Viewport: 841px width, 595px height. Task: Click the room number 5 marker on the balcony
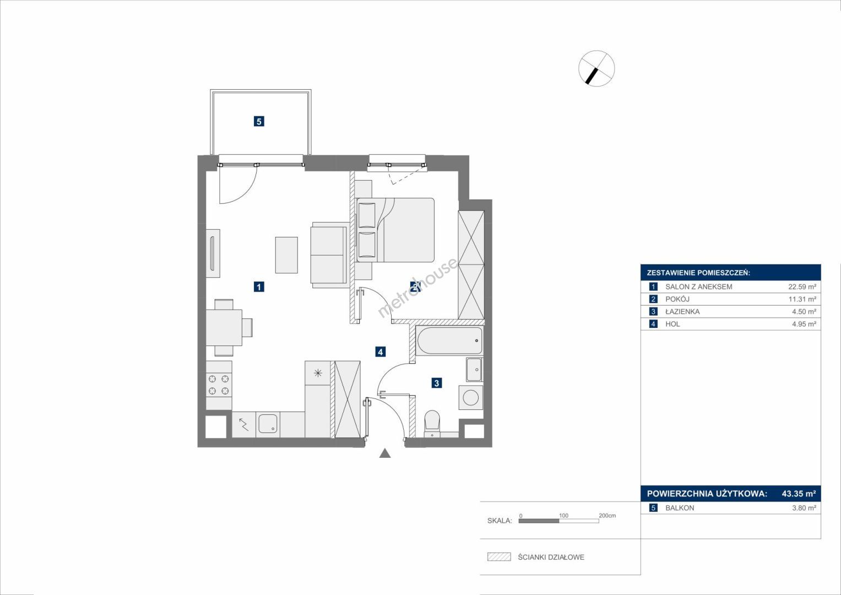[259, 121]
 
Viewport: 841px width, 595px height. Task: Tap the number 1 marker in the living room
[259, 286]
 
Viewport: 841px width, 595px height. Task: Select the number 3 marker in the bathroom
[436, 383]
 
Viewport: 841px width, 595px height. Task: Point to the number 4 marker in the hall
[381, 352]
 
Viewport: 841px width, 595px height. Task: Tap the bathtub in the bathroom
[449, 340]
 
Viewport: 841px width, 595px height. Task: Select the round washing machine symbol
[470, 397]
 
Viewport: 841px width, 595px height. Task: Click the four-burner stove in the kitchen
[219, 385]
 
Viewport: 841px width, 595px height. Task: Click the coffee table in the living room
[286, 255]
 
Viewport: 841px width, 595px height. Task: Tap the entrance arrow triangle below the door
[385, 453]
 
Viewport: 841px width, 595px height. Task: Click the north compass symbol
[596, 69]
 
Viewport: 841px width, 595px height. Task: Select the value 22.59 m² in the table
[802, 286]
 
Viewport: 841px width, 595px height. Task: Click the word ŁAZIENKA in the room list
[682, 311]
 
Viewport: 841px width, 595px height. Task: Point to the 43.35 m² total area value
[799, 494]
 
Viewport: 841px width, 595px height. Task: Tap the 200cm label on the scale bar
[607, 516]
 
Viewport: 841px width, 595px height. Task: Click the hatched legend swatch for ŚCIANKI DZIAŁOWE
[500, 556]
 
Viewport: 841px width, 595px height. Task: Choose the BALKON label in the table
[680, 508]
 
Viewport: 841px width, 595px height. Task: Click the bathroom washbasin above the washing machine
[475, 369]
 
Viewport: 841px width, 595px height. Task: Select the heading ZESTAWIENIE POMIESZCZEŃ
[699, 273]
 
